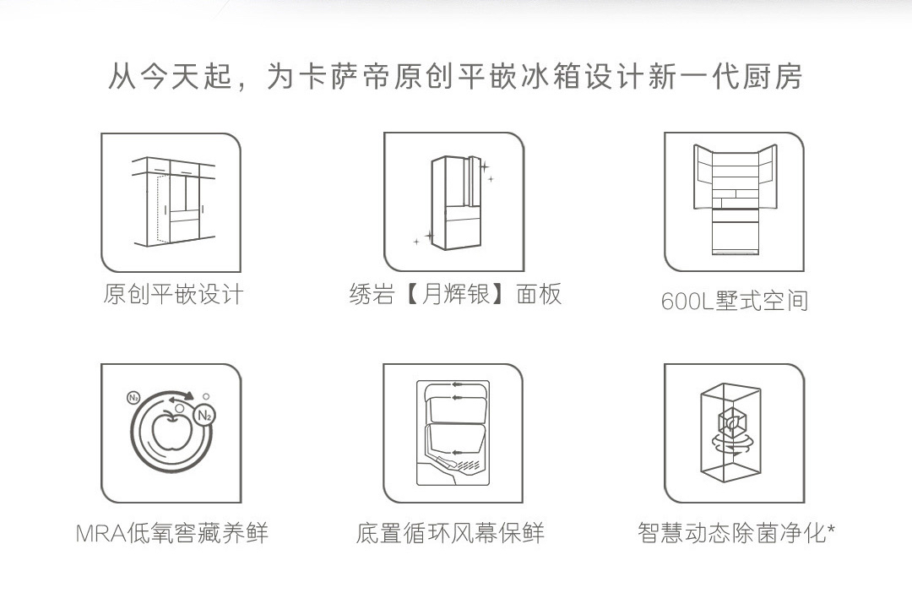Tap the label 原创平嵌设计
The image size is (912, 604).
click(173, 294)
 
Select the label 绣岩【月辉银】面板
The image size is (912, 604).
click(455, 294)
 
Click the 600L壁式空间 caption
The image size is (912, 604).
click(735, 301)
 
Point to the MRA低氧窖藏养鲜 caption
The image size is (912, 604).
click(172, 534)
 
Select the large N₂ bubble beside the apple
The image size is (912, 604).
click(204, 415)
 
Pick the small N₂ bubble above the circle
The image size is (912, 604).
click(133, 397)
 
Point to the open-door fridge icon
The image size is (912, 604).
click(735, 201)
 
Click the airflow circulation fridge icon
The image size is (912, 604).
click(453, 433)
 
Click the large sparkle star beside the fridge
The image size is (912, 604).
click(484, 167)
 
